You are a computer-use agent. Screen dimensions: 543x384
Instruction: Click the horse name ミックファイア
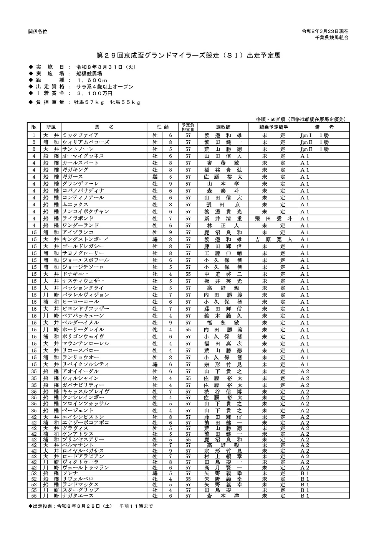(80, 135)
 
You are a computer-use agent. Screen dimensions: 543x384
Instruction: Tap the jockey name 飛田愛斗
(273, 219)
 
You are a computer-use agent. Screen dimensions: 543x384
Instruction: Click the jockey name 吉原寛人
(273, 239)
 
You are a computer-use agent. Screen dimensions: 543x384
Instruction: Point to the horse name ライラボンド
(78, 219)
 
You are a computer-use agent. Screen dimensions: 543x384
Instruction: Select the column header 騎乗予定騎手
(273, 127)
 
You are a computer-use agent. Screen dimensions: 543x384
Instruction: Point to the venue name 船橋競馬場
(89, 74)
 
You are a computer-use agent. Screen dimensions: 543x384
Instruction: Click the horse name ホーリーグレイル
(83, 330)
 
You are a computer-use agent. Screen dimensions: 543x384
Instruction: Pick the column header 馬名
(104, 127)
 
